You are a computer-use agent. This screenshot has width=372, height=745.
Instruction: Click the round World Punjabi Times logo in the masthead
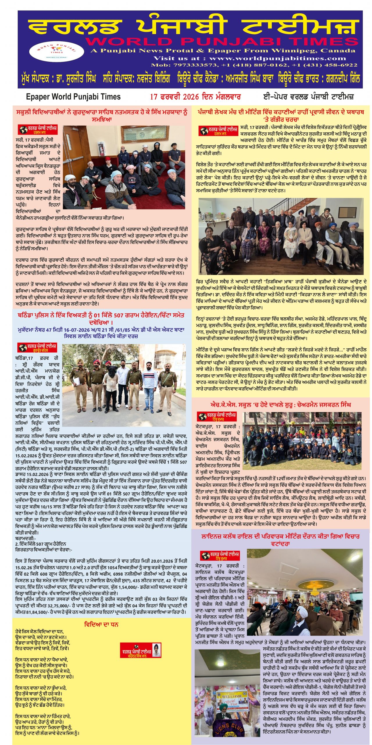56,51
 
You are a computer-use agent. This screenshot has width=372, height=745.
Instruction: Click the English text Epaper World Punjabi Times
73,97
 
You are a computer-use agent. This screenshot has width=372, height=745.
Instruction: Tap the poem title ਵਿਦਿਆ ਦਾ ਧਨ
101,624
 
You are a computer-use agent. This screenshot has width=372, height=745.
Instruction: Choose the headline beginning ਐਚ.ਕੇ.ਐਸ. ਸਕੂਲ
280,405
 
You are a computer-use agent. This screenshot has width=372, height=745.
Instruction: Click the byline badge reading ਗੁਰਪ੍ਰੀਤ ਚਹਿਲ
37,347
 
